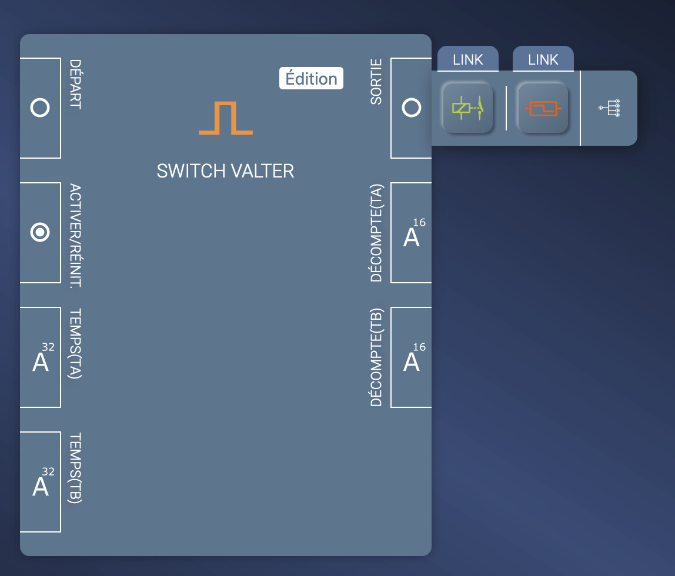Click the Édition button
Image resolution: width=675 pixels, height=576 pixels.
tap(311, 79)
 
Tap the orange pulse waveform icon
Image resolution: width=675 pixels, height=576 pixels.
tap(226, 118)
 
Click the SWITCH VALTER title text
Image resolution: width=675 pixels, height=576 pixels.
tap(225, 171)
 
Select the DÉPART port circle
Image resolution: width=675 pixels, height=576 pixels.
tap(40, 108)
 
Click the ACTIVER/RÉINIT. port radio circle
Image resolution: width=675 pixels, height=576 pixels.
tap(40, 233)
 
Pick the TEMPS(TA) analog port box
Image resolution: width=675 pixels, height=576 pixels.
tap(41, 357)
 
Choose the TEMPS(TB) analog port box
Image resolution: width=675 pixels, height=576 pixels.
tap(41, 482)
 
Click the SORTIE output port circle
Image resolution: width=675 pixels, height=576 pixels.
tap(411, 108)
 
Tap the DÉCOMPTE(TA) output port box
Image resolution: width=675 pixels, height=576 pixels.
tap(411, 233)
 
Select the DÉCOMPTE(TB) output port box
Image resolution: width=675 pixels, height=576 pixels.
tap(411, 357)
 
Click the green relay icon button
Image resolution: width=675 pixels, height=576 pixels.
tap(467, 108)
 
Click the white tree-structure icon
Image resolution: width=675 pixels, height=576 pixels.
tap(610, 108)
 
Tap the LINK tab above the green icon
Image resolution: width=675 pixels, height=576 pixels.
tap(468, 59)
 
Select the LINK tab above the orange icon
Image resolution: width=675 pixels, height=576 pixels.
tap(543, 59)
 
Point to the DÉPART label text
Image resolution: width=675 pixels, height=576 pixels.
tap(75, 84)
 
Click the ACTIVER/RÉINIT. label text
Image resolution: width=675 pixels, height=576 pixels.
tap(75, 235)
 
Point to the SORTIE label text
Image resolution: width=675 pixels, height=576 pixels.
tap(376, 81)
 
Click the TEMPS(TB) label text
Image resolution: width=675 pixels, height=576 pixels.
tap(75, 468)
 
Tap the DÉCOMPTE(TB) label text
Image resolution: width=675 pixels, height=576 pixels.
tap(376, 357)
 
